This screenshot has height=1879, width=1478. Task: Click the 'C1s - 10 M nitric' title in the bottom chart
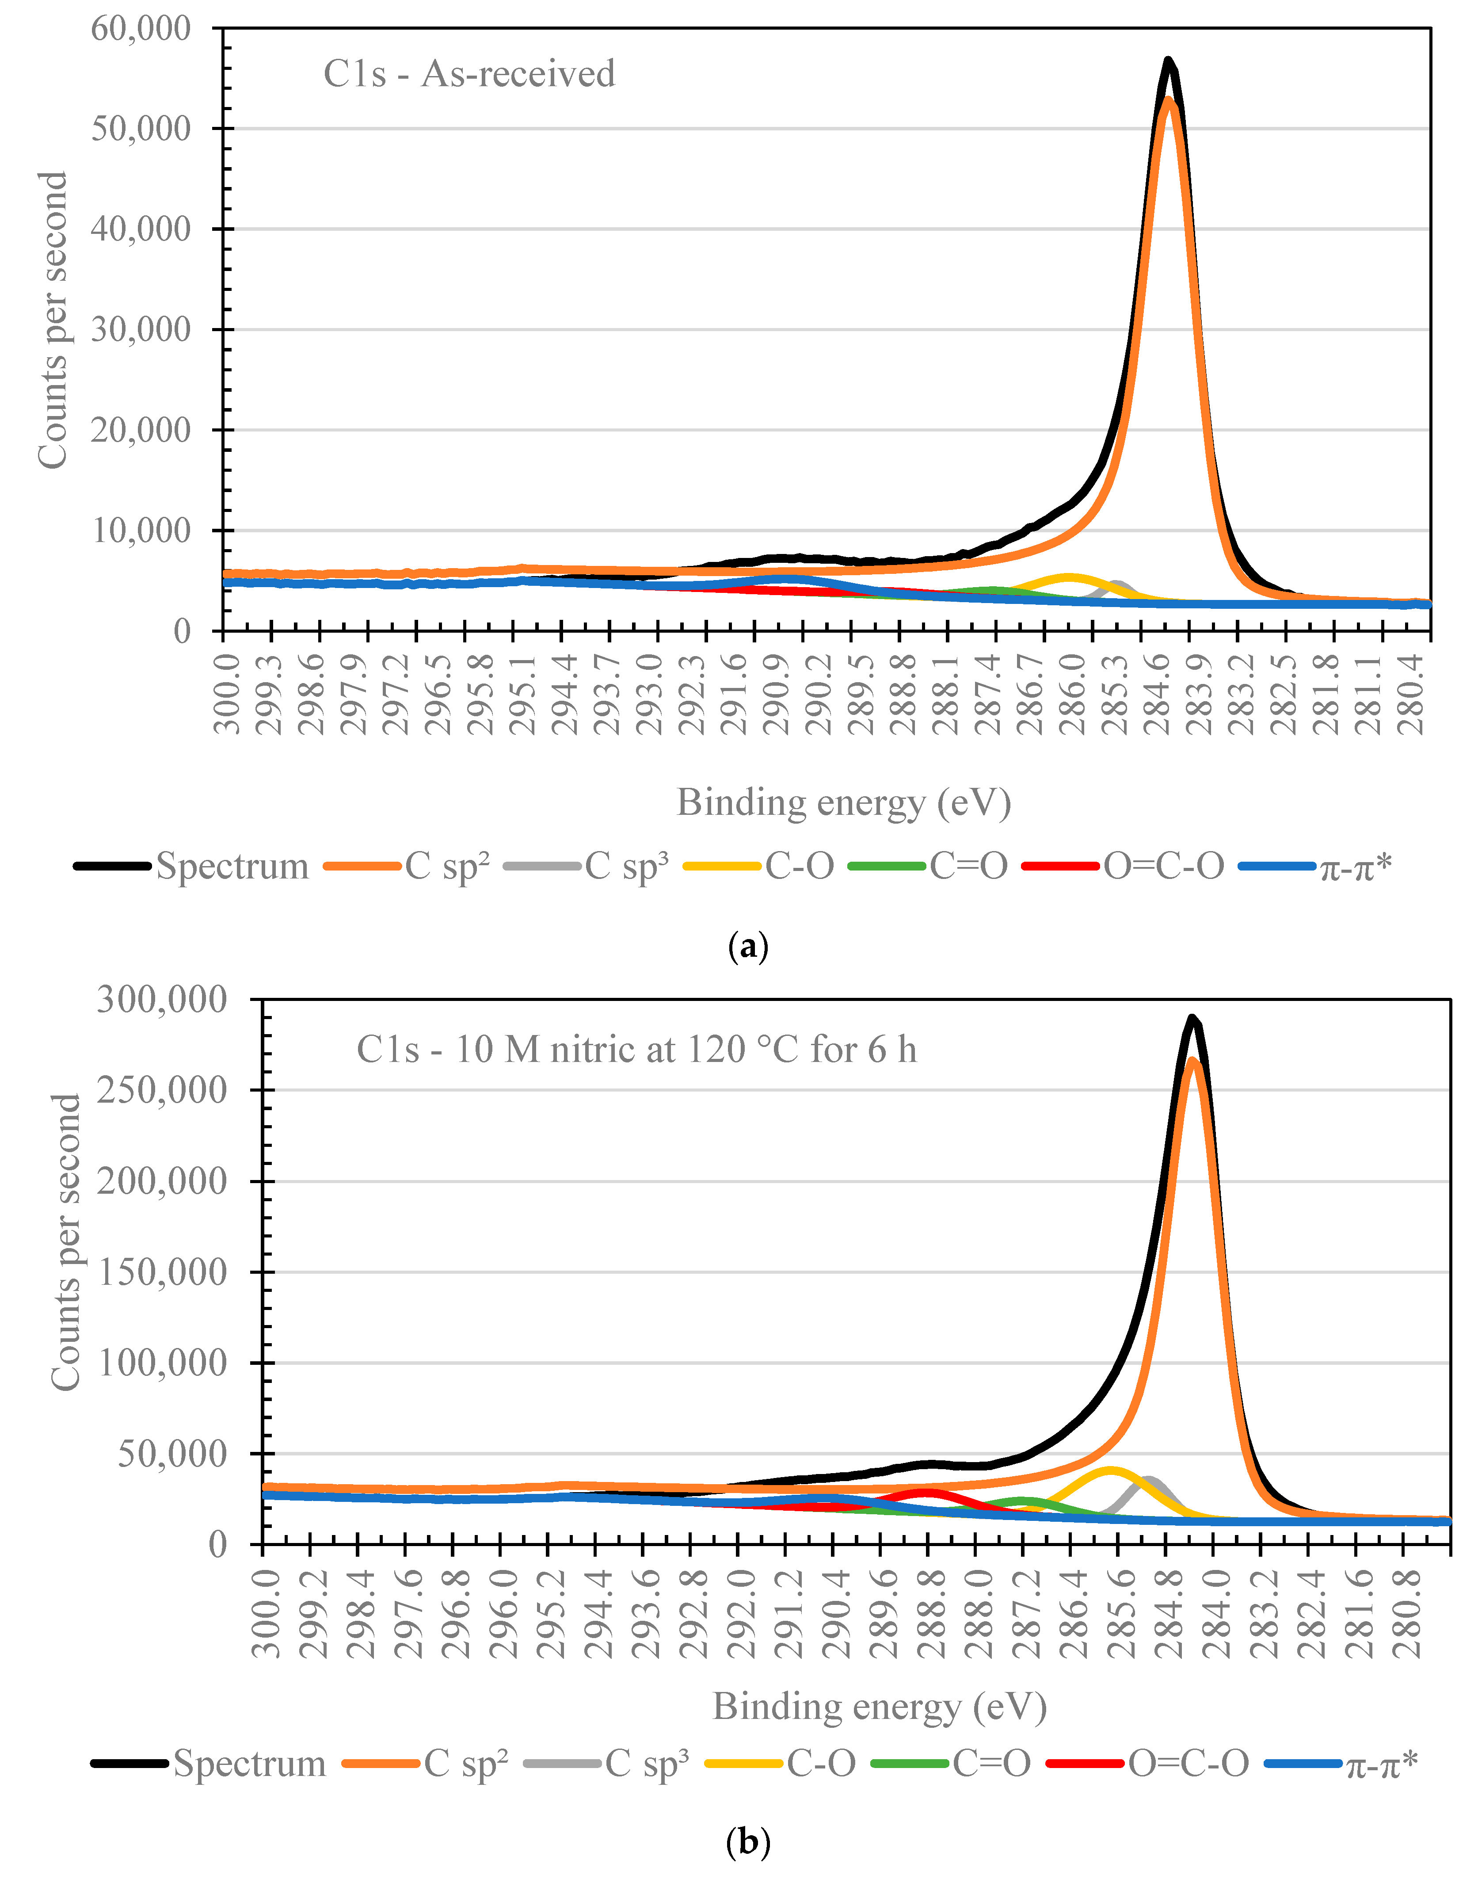(636, 1050)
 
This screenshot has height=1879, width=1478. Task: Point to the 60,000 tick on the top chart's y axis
(141, 29)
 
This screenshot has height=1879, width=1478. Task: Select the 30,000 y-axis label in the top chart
(141, 330)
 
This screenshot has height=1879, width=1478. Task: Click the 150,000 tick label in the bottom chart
(162, 1272)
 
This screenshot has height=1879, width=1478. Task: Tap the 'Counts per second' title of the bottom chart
(66, 1243)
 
